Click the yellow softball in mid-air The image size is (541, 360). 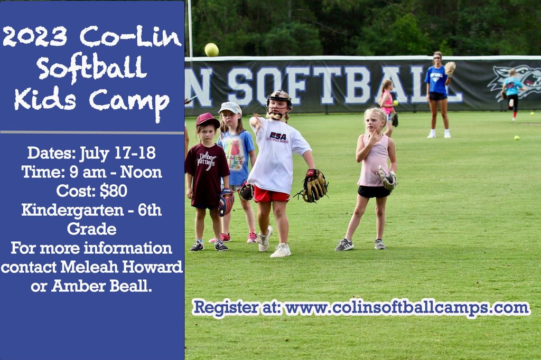click(211, 50)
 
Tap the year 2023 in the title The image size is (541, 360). click(35, 36)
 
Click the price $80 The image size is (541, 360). click(114, 191)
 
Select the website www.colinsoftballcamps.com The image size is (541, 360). click(406, 308)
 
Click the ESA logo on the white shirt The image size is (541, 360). click(277, 136)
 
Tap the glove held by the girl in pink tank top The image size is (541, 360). click(387, 178)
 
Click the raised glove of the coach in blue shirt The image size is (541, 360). click(450, 68)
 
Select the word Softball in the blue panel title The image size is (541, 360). click(92, 68)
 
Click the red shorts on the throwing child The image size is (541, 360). click(270, 195)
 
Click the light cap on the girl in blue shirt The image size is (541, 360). click(230, 108)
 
